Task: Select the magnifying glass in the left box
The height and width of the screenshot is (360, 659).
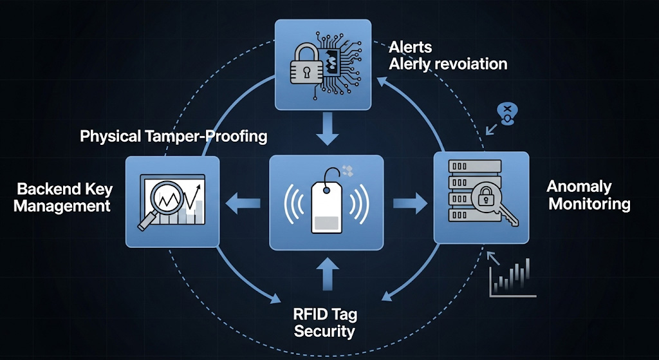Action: coord(158,201)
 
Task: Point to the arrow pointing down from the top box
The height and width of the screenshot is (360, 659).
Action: coord(328,131)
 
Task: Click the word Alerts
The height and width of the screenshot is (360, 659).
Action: coord(411,48)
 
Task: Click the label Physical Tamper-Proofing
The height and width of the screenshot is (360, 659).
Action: coord(174,137)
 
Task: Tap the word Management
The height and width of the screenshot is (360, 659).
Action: coord(62,206)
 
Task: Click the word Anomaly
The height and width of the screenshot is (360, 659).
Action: coord(579,187)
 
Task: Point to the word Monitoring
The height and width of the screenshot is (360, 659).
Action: coord(589,204)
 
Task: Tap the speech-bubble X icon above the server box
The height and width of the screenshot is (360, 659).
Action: coord(507,113)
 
